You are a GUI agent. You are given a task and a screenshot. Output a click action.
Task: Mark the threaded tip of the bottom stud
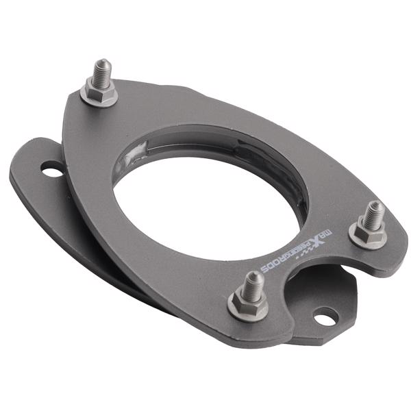253,279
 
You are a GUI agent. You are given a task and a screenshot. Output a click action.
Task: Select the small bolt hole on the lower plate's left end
52,169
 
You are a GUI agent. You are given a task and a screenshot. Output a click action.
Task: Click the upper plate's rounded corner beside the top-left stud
74,103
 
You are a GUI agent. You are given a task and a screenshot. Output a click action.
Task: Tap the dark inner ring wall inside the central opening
274,164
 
